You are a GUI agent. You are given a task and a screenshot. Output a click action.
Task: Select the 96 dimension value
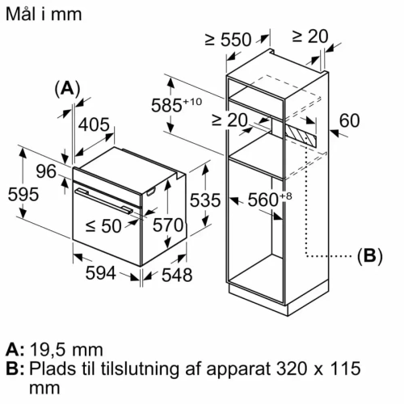click(x=46, y=170)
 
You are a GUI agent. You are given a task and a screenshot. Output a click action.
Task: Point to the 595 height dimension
click(x=18, y=196)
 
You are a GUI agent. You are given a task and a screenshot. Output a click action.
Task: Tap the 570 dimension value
click(x=168, y=226)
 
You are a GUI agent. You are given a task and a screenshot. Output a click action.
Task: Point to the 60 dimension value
click(x=348, y=120)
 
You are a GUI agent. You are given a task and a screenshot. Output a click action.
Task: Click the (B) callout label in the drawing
click(x=368, y=256)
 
